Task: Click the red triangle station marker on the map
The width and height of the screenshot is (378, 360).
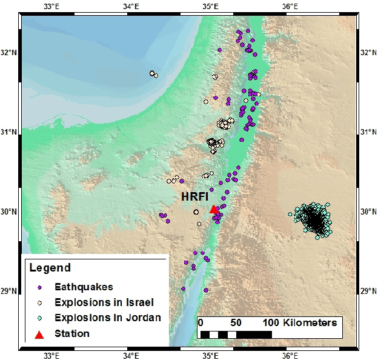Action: [x=213, y=209]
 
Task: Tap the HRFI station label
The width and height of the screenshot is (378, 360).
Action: [x=195, y=197]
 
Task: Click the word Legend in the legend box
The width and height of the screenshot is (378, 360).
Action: [x=50, y=268]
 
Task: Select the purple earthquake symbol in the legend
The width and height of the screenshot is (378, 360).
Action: [x=39, y=287]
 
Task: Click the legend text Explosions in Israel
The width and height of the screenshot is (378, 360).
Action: [x=104, y=302]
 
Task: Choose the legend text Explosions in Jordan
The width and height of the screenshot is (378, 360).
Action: [x=107, y=318]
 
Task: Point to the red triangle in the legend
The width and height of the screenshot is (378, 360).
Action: [x=39, y=334]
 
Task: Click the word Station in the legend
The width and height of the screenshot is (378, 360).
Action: [x=72, y=333]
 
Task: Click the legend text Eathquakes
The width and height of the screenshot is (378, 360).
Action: [x=84, y=287]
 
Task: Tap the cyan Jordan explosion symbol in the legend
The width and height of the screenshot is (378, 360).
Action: [x=39, y=318]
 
